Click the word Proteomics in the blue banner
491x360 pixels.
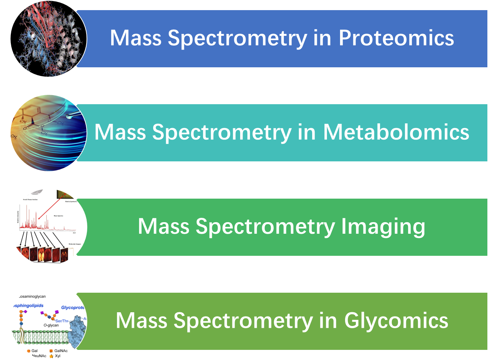click(396, 38)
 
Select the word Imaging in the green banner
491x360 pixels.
click(383, 226)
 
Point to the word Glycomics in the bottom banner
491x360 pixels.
click(396, 321)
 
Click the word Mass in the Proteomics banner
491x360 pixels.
click(135, 38)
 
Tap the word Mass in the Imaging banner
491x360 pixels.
click(164, 226)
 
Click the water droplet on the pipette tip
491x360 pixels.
click(69, 117)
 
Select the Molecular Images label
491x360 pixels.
click(75, 244)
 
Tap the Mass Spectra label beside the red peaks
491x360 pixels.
click(58, 216)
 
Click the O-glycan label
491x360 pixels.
click(51, 325)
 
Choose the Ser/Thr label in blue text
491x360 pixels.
click(62, 321)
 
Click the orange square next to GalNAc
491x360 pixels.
click(51, 351)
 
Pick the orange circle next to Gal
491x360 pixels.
click(29, 351)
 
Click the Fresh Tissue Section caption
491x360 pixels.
click(30, 200)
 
